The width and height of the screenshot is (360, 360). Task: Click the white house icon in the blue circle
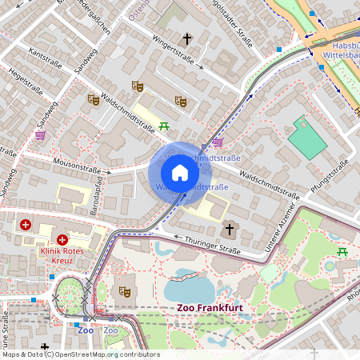pos(180,173)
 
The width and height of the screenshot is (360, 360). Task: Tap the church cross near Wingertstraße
pos(187,38)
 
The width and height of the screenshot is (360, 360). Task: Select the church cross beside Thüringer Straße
pos(229,230)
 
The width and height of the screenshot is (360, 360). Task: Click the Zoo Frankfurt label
pos(210,307)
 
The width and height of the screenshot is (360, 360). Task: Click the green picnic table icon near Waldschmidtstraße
pos(164,126)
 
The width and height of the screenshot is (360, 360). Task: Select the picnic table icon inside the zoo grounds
pos(342,252)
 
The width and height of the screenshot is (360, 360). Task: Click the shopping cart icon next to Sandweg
pos(40,135)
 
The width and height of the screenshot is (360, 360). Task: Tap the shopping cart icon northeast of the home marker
pos(218,142)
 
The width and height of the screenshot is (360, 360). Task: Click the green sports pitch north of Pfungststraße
pos(307,138)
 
